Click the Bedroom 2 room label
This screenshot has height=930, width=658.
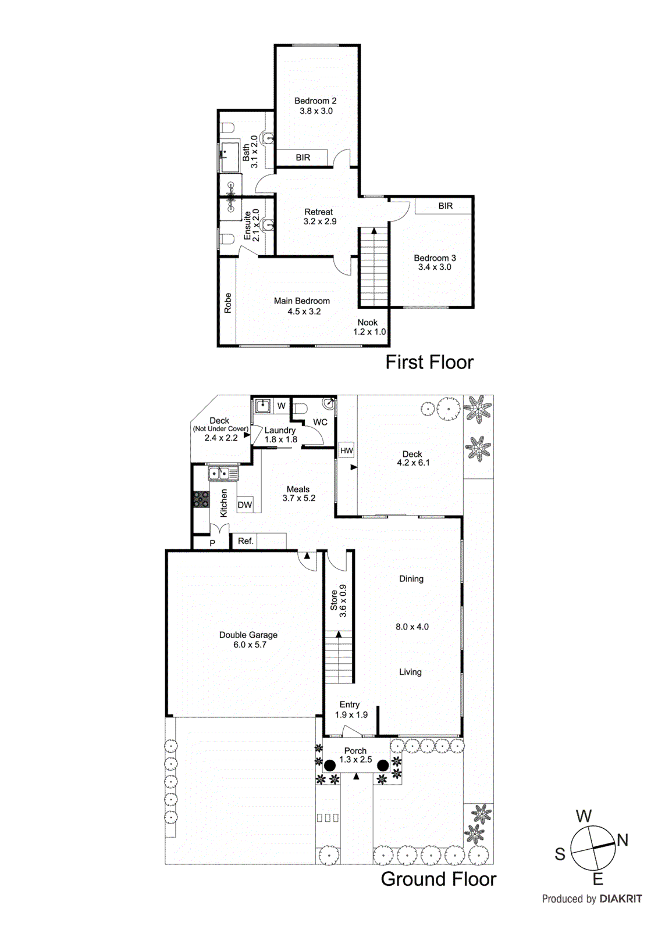(315, 101)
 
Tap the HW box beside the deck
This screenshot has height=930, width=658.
(347, 450)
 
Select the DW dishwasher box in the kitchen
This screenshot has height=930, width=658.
(245, 505)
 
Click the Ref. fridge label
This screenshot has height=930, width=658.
(246, 541)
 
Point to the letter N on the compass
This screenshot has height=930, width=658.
(622, 840)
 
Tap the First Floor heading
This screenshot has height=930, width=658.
(429, 362)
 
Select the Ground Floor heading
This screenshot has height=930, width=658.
(438, 879)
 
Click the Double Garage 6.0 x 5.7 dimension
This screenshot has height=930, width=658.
(250, 645)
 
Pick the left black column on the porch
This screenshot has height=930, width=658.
(330, 766)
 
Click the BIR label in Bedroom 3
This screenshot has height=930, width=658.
(446, 206)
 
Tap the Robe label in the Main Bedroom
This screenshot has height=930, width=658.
(228, 303)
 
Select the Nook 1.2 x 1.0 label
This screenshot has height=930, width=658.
(369, 327)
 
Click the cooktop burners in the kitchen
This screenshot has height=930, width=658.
(201, 499)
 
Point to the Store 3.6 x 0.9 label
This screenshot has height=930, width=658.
(339, 600)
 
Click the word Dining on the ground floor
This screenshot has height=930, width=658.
(411, 579)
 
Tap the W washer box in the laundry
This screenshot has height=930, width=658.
(282, 406)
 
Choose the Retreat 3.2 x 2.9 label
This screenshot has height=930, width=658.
(319, 217)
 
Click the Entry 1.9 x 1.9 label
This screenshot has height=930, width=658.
(351, 710)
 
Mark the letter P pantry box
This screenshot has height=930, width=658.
(212, 543)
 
